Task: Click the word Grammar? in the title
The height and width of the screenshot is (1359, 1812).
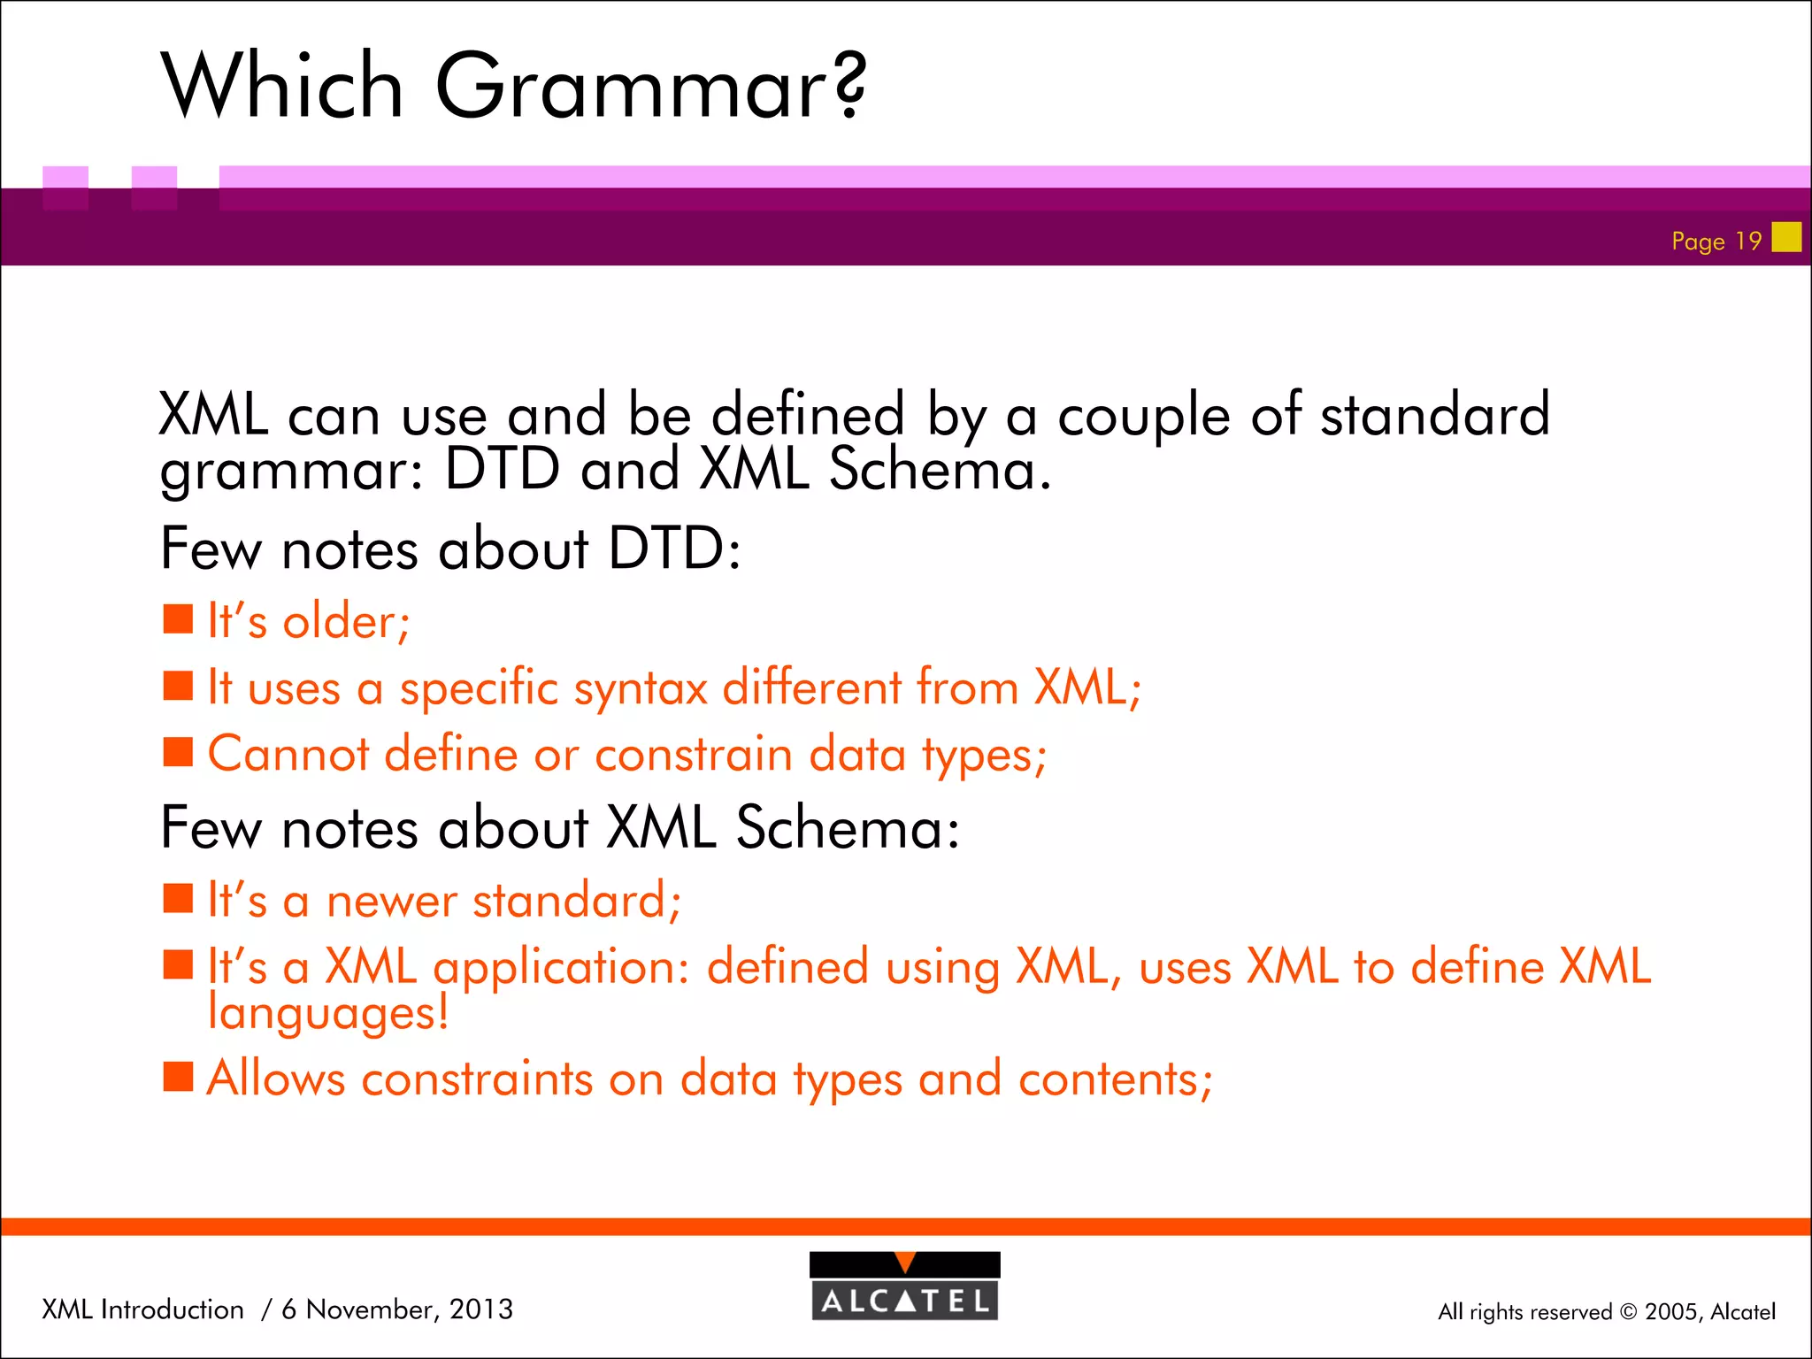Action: (650, 87)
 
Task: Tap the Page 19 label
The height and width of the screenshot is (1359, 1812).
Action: (1716, 241)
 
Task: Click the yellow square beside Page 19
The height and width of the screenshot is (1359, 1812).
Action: (1786, 237)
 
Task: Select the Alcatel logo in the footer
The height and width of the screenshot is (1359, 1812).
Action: (904, 1286)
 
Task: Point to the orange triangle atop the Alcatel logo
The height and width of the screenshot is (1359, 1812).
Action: (904, 1262)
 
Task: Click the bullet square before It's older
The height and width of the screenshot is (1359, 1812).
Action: (178, 619)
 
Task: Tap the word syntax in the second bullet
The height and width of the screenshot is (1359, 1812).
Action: (641, 688)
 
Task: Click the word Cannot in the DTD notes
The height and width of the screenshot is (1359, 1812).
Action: (288, 755)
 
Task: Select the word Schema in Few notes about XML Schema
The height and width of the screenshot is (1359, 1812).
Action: (847, 828)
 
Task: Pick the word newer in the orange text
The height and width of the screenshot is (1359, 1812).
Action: (391, 901)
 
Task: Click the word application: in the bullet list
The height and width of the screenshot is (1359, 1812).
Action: (561, 967)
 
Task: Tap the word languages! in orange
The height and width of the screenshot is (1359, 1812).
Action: (328, 1013)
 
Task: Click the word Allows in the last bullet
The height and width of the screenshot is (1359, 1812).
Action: (276, 1079)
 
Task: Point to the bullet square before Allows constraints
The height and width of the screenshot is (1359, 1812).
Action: (178, 1077)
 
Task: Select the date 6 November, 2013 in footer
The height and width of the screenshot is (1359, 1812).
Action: (396, 1309)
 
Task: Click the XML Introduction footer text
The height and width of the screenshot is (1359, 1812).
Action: (142, 1309)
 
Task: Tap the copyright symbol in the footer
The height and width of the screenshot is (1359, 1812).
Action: (1628, 1312)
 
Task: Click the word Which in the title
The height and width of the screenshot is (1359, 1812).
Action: (282, 87)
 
